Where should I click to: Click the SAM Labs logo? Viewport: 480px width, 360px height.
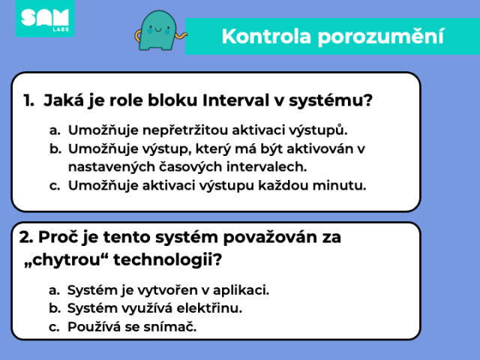click(x=45, y=18)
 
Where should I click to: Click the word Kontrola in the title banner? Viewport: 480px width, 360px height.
click(x=266, y=37)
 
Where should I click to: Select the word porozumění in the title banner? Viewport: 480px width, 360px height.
click(x=380, y=37)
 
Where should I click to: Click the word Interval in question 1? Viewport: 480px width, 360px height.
click(x=235, y=100)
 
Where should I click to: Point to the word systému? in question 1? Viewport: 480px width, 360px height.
click(x=331, y=101)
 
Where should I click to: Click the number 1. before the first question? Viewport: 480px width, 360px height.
click(x=28, y=100)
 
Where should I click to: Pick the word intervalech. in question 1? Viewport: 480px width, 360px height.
click(x=267, y=166)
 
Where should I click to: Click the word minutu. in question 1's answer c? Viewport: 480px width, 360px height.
click(x=339, y=185)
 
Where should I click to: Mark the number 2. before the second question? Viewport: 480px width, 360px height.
click(x=26, y=237)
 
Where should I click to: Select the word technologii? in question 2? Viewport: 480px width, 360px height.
click(x=167, y=260)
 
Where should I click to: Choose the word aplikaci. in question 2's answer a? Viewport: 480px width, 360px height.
click(x=241, y=290)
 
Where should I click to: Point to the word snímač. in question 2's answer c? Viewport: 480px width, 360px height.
click(x=170, y=327)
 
